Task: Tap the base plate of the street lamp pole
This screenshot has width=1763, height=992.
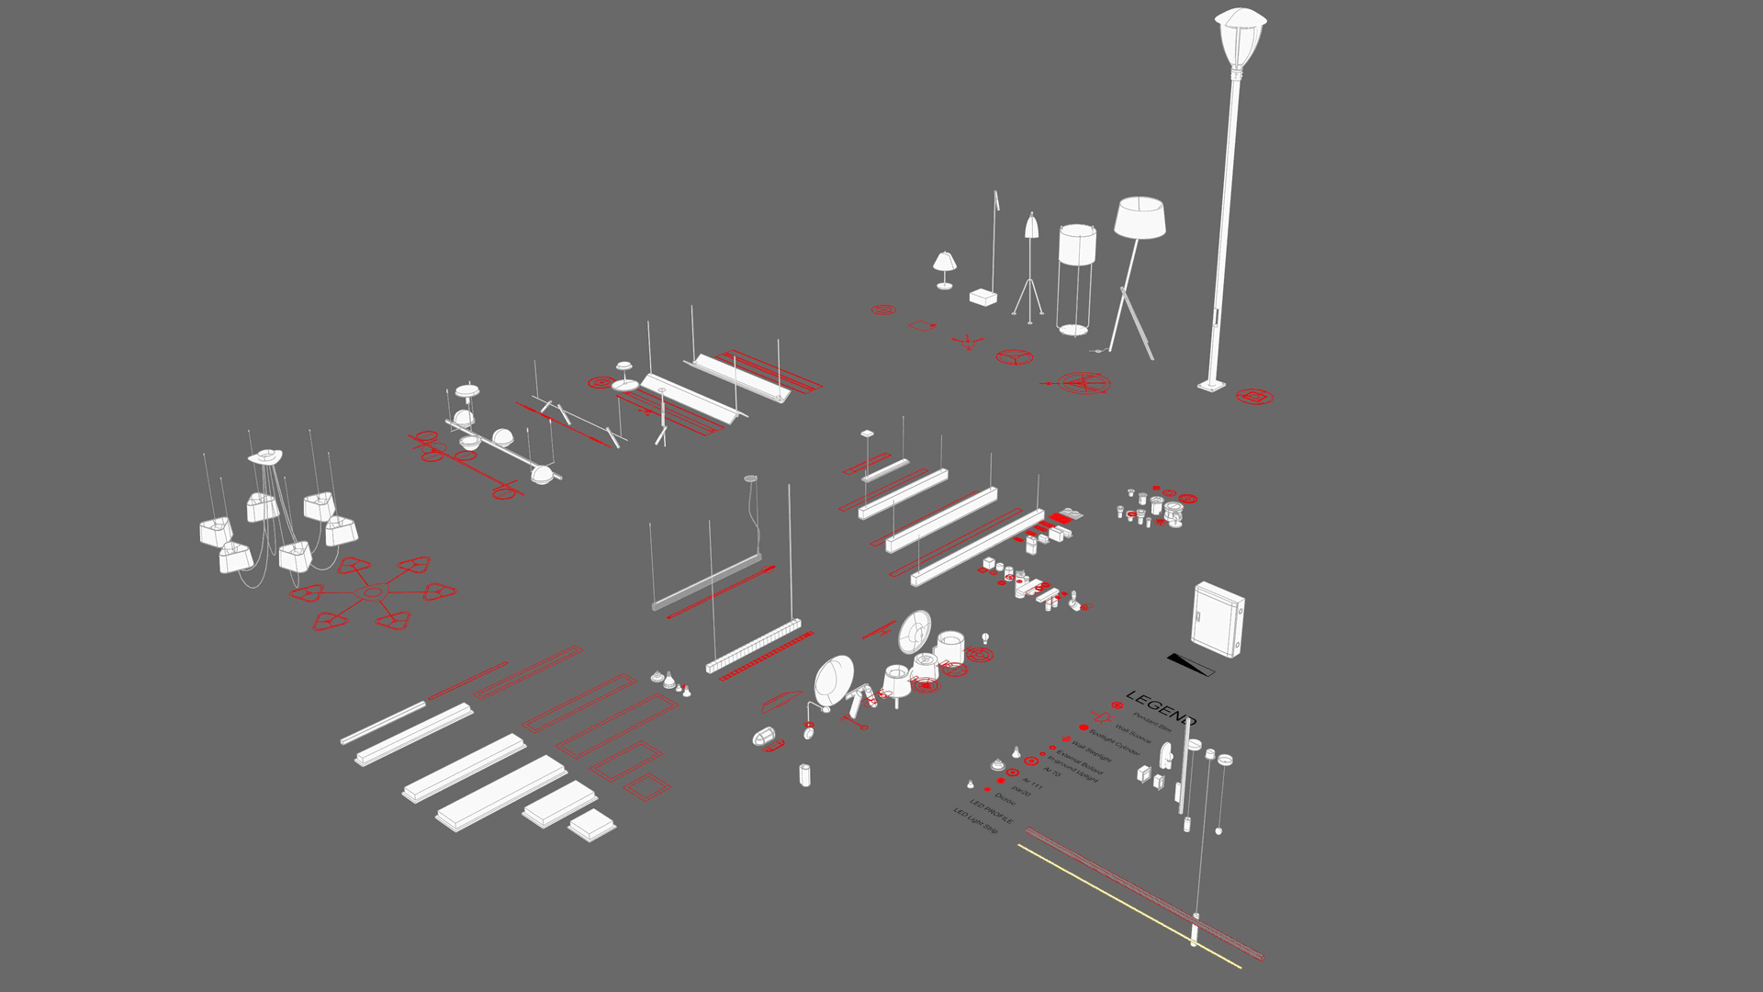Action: tap(1211, 386)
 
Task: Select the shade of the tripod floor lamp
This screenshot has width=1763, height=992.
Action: tap(1140, 218)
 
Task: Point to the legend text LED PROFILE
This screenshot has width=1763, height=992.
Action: tap(992, 812)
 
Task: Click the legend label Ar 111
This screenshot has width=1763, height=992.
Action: tap(1032, 784)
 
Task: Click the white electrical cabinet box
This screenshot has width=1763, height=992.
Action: tap(1218, 618)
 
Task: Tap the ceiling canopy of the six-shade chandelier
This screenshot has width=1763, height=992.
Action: tap(265, 456)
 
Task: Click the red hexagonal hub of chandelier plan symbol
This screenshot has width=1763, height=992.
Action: tap(372, 592)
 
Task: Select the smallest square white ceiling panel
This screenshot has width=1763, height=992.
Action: tap(592, 825)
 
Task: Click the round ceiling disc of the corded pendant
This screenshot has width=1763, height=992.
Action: tap(751, 479)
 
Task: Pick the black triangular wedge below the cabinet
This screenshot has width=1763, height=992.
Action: tap(1190, 663)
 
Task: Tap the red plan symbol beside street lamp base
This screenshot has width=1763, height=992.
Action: tap(1253, 397)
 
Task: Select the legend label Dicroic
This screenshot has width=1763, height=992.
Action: tap(1005, 799)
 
